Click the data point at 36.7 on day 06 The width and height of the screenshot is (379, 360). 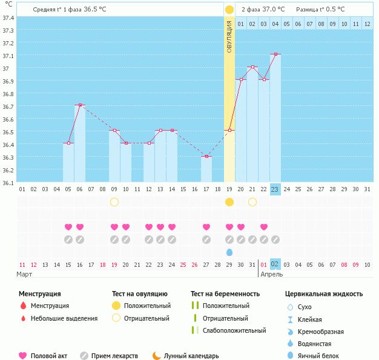[80, 105]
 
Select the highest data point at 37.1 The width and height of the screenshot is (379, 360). [275, 54]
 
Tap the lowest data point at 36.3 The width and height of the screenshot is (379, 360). [206, 156]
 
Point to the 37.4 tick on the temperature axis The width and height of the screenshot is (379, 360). [8, 18]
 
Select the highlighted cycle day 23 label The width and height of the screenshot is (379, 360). [275, 189]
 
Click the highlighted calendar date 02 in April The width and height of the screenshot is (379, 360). [275, 264]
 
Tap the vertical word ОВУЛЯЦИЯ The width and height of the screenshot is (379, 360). [229, 36]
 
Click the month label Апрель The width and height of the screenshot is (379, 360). [271, 274]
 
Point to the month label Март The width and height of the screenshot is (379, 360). [24, 274]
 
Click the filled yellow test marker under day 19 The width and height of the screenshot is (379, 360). [229, 202]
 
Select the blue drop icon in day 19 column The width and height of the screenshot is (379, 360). [229, 252]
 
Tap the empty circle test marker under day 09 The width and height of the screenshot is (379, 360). [114, 202]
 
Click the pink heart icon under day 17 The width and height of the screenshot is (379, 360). [206, 227]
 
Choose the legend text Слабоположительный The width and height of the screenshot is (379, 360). [234, 330]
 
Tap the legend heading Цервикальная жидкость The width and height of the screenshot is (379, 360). [324, 293]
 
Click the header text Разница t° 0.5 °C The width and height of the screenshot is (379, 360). [320, 10]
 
